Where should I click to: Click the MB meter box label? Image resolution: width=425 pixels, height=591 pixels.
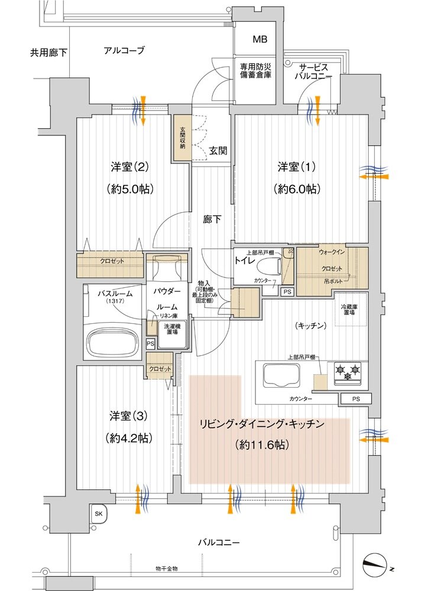coord(260,40)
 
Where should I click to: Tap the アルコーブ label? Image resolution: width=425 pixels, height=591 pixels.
coord(124,50)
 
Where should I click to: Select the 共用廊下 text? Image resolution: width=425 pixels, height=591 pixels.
coord(48,53)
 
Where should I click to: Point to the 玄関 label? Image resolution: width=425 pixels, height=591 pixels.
coord(218,151)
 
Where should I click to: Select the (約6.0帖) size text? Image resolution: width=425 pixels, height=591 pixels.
coord(298,189)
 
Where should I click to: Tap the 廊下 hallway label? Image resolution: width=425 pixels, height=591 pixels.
coord(212,220)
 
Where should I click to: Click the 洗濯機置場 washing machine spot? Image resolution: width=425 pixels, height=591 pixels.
coord(173,329)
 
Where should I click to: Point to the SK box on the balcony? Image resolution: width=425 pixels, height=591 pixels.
coord(98,514)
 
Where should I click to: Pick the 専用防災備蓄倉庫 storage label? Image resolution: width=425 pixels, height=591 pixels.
coord(255,72)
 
